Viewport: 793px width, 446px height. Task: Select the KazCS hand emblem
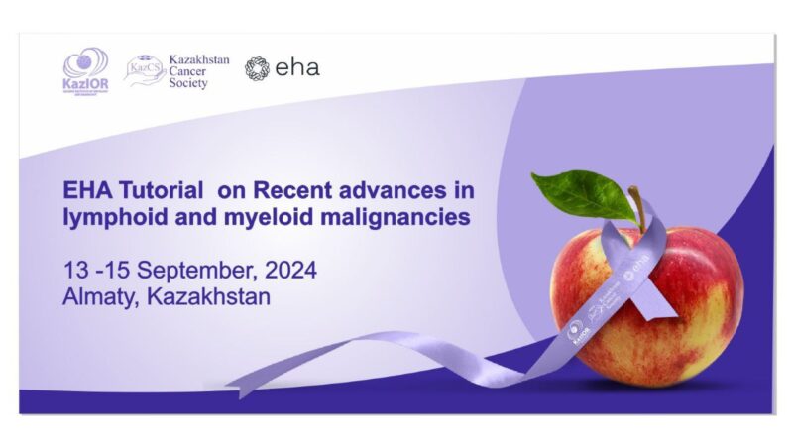pyautogui.click(x=144, y=70)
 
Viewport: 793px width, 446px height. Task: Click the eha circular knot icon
pyautogui.click(x=257, y=67)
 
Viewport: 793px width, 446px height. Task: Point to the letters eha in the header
pyautogui.click(x=297, y=67)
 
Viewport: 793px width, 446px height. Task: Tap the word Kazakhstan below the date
pyautogui.click(x=209, y=296)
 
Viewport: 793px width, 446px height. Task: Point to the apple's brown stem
pyautogui.click(x=635, y=208)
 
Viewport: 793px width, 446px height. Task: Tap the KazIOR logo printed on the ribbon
pyautogui.click(x=578, y=335)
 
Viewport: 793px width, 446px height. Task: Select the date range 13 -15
pyautogui.click(x=94, y=271)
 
